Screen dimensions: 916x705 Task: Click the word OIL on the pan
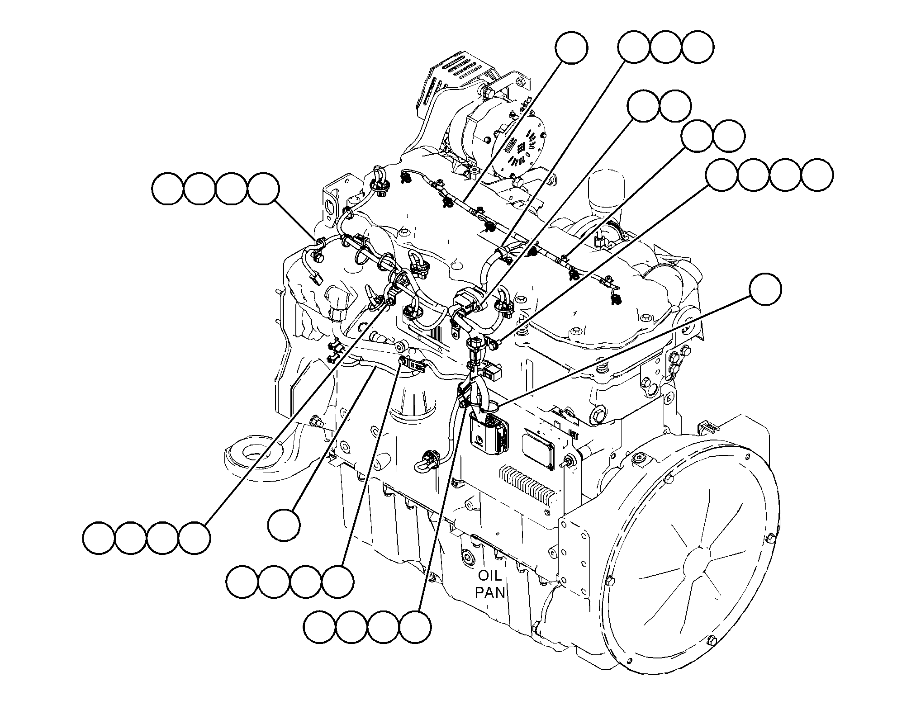pos(490,576)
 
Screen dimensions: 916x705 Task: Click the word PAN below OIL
pos(490,592)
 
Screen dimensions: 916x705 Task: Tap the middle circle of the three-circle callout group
pos(666,47)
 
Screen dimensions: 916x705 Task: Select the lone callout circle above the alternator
pos(572,47)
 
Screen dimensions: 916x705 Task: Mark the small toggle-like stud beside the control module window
pos(566,463)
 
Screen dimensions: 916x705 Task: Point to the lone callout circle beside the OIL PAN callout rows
pos(284,525)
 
